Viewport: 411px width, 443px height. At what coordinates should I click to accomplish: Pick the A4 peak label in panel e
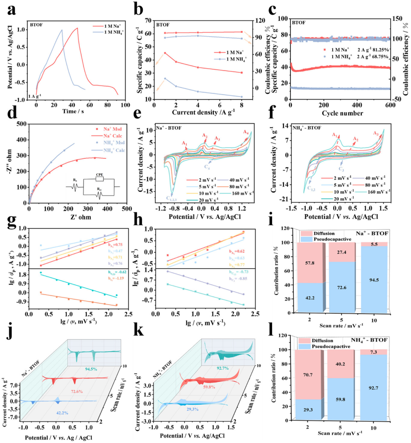coord(246,132)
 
